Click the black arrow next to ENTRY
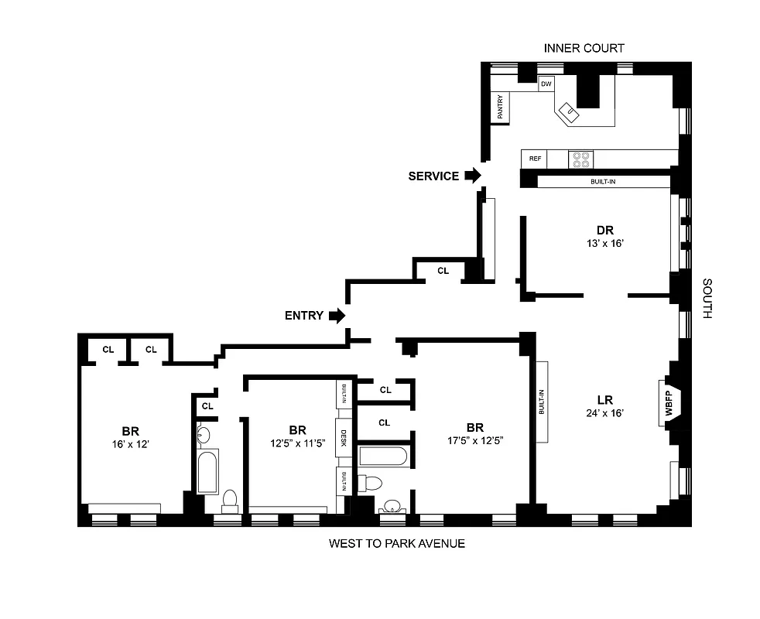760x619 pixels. pyautogui.click(x=337, y=316)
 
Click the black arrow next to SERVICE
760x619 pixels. pyautogui.click(x=472, y=176)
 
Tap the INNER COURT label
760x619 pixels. pyautogui.click(x=584, y=48)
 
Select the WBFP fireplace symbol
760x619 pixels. pyautogui.click(x=669, y=401)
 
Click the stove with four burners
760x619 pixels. pyautogui.click(x=580, y=159)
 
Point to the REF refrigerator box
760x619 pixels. pyautogui.click(x=534, y=159)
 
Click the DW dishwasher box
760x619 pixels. pyautogui.click(x=546, y=84)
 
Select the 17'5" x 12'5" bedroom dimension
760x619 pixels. pyautogui.click(x=474, y=443)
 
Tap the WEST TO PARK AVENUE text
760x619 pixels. pyautogui.click(x=396, y=543)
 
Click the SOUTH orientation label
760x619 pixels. pyautogui.click(x=707, y=299)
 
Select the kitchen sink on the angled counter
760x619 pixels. pyautogui.click(x=571, y=111)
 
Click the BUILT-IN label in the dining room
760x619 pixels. pyautogui.click(x=601, y=182)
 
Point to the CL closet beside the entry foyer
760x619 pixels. pyautogui.click(x=443, y=271)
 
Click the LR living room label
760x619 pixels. pyautogui.click(x=605, y=399)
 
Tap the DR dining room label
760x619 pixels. pyautogui.click(x=604, y=230)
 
